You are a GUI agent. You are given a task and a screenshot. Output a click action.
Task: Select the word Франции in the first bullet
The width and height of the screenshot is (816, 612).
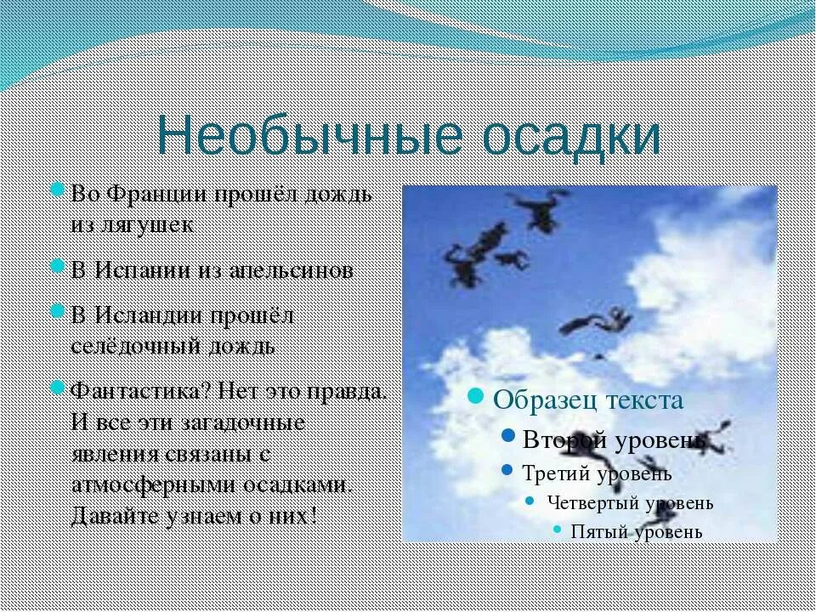169,194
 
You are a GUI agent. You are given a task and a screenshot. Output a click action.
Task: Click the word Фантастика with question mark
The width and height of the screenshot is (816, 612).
140,392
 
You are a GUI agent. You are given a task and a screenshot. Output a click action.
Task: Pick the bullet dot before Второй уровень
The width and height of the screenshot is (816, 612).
508,436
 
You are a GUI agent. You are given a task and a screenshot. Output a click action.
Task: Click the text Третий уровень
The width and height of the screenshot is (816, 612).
598,473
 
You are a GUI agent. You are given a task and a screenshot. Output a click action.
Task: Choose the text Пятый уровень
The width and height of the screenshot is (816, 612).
637,532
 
